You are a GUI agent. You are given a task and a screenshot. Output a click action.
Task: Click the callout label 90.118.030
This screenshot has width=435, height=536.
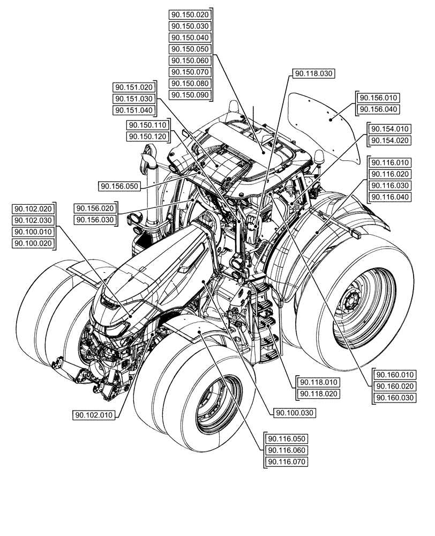(313, 73)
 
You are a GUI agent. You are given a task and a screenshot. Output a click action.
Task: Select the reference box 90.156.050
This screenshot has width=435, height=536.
(119, 186)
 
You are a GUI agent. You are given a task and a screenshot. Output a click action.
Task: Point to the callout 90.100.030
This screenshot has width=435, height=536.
(295, 413)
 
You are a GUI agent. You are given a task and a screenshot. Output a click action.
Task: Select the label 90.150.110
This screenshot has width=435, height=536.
(148, 125)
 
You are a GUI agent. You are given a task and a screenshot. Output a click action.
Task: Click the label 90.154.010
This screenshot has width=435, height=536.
(389, 129)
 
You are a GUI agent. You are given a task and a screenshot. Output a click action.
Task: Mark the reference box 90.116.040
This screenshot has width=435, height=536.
(389, 197)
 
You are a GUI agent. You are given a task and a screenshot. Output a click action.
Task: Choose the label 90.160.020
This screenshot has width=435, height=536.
(395, 386)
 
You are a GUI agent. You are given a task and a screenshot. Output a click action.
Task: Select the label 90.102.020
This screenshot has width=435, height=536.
(33, 209)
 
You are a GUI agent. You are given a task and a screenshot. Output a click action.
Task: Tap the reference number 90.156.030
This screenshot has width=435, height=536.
(95, 220)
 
